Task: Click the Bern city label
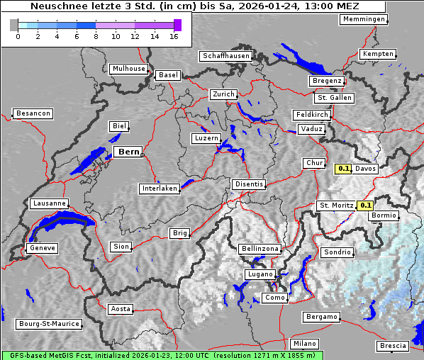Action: point(128,152)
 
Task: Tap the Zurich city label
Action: point(223,94)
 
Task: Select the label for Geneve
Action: point(42,249)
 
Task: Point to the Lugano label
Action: point(260,274)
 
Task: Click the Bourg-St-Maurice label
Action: point(48,324)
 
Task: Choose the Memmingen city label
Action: point(363,19)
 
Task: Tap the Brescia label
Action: point(393,346)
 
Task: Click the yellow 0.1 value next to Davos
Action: point(344,169)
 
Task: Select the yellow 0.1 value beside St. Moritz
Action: point(366,206)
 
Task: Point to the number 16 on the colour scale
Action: point(174,36)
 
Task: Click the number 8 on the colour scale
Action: point(96,36)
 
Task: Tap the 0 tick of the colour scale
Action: point(18,36)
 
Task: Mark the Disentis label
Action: point(249,184)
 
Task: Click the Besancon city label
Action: point(33,113)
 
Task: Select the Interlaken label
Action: point(160,189)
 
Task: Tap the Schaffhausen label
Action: point(225,56)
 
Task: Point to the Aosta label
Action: point(121,309)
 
